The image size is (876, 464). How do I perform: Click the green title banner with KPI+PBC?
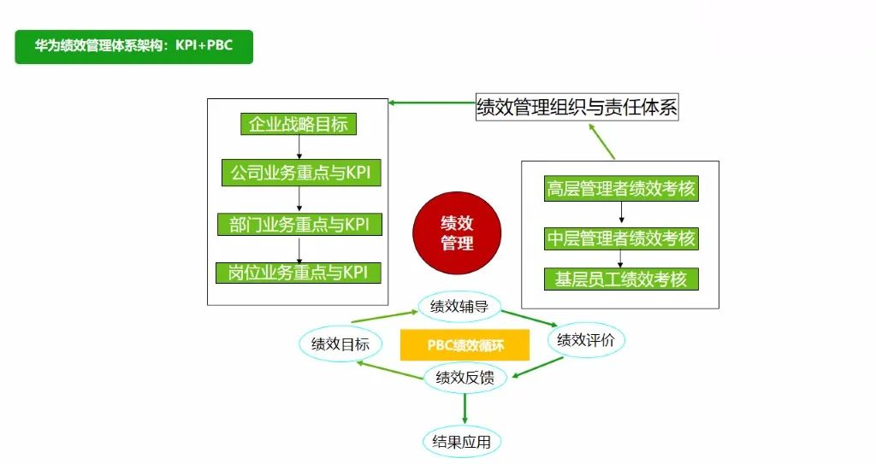pyautogui.click(x=133, y=47)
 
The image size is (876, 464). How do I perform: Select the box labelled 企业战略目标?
pyautogui.click(x=298, y=125)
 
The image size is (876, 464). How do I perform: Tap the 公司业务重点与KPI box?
pyautogui.click(x=300, y=173)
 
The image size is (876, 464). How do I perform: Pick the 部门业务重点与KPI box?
pyautogui.click(x=299, y=224)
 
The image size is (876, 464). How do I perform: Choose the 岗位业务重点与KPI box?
pyautogui.click(x=299, y=273)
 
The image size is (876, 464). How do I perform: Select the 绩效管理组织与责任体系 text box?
pyautogui.click(x=577, y=109)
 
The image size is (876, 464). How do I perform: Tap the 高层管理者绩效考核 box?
pyautogui.click(x=621, y=189)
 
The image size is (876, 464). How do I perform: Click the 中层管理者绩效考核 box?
pyautogui.click(x=621, y=238)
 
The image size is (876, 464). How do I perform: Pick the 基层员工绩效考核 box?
pyautogui.click(x=621, y=279)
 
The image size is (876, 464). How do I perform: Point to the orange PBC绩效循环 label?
pyautogui.click(x=465, y=345)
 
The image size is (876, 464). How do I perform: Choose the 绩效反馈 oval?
pyautogui.click(x=465, y=377)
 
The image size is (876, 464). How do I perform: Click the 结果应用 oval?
pyautogui.click(x=462, y=442)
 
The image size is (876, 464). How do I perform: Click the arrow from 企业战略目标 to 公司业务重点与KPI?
pyautogui.click(x=299, y=148)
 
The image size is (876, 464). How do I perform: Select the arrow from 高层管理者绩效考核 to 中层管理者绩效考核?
pyautogui.click(x=621, y=214)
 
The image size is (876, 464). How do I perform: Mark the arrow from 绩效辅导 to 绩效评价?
pyautogui.click(x=530, y=319)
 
